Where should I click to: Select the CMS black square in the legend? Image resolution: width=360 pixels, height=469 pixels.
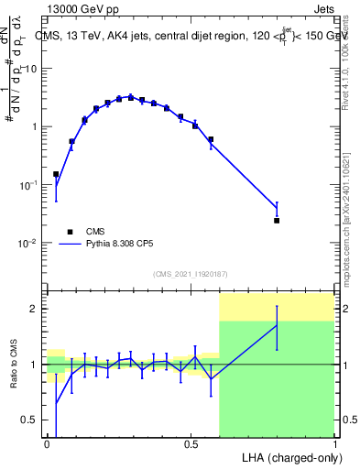tap(69, 232)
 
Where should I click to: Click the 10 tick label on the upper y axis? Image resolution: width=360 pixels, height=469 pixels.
tap(33, 68)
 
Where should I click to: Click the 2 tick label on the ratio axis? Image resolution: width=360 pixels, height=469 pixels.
tap(37, 309)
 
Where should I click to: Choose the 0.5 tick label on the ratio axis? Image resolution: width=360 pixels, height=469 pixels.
tap(32, 420)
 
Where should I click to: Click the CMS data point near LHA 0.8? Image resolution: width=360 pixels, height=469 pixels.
tap(277, 221)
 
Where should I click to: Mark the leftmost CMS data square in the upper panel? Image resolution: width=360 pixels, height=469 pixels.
tap(56, 174)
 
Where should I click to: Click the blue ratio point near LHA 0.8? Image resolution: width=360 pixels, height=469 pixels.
tap(277, 324)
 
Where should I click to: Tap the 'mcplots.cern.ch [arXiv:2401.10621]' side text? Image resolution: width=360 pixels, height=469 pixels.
tap(352, 202)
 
